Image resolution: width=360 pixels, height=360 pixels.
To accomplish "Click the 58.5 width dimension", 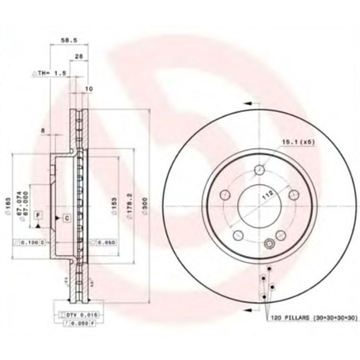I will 69,41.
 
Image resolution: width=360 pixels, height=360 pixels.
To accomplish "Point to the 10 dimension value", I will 89,88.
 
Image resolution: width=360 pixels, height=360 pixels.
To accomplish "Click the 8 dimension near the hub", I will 44,131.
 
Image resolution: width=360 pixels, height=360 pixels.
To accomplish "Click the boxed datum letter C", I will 67,217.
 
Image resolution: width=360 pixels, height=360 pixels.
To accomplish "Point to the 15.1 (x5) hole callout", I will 298,143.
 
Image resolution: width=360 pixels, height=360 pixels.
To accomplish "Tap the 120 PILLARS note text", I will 311,318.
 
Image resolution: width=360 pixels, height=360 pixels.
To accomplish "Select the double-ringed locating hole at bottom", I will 269,244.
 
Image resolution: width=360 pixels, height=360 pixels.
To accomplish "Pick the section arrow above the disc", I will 248,103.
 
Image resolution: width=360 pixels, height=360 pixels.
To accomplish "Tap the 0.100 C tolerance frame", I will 29,243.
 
